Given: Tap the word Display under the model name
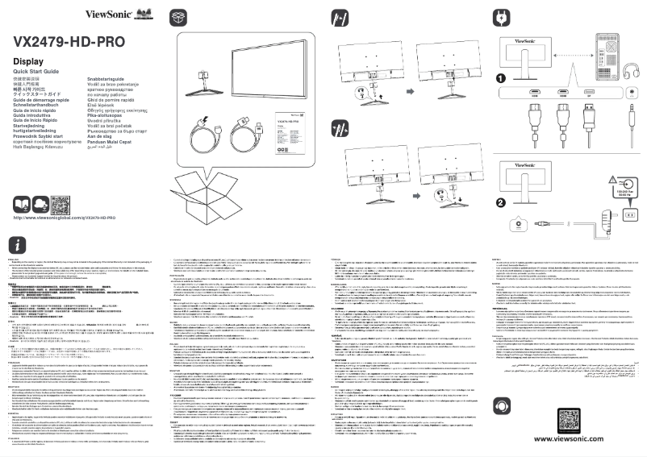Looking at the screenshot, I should coord(28,63).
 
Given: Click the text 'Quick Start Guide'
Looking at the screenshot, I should coord(36,73).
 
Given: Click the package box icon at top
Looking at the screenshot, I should coord(178,17).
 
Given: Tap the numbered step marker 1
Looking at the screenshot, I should coord(501,80).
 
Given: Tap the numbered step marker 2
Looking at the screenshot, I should coord(501,202).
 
